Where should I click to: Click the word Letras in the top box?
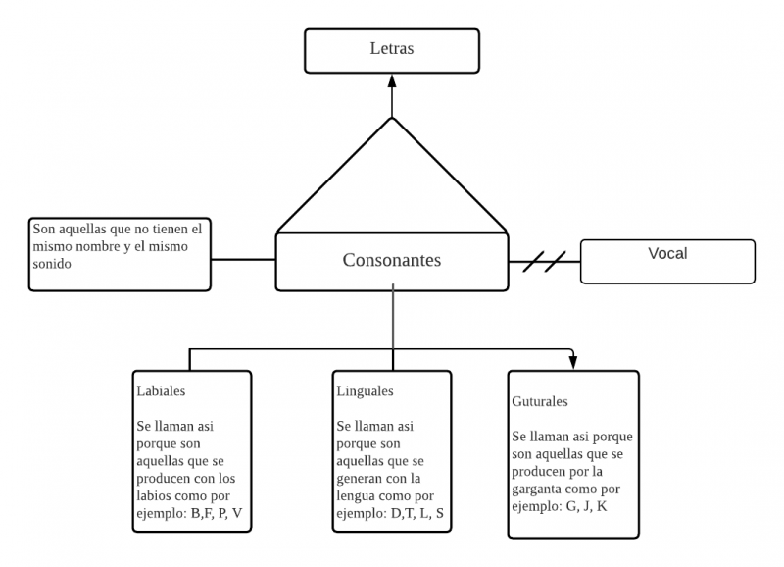click(392, 49)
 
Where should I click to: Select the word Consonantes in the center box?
click(392, 260)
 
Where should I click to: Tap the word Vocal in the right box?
click(667, 254)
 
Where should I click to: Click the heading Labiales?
click(161, 390)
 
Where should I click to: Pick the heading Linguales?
click(365, 390)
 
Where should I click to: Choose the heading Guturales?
click(540, 401)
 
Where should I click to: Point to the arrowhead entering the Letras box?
click(392, 79)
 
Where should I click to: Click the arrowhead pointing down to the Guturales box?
click(573, 363)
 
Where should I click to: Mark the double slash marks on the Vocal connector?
click(544, 262)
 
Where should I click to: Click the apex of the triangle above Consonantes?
click(392, 119)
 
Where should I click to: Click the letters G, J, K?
click(584, 505)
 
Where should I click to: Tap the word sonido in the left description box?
click(53, 264)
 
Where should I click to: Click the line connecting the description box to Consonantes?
click(243, 260)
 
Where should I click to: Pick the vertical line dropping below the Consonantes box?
click(393, 319)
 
